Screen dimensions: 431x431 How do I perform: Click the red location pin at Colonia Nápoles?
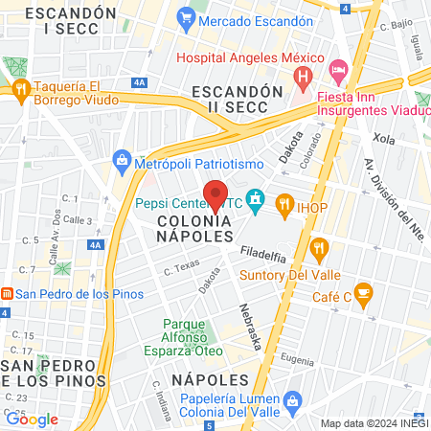pyautogui.click(x=215, y=193)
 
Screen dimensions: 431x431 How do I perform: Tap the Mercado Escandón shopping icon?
pyautogui.click(x=185, y=17)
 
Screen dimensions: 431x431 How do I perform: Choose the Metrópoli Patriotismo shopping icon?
pyautogui.click(x=122, y=159)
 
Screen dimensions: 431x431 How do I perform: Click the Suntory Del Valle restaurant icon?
pyautogui.click(x=320, y=251)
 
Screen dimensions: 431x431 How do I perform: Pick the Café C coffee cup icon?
pyautogui.click(x=363, y=292)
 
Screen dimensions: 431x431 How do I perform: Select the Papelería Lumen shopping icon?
pyautogui.click(x=293, y=398)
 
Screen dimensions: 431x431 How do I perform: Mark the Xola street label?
pyautogui.click(x=384, y=139)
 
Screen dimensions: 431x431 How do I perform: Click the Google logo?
pyautogui.click(x=32, y=419)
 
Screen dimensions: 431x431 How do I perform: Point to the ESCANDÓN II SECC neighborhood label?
pyautogui.click(x=238, y=98)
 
